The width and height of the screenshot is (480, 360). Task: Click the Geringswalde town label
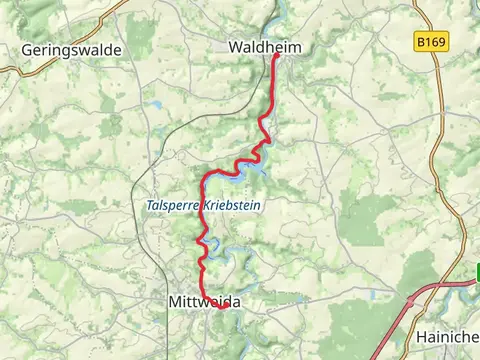click(71, 49)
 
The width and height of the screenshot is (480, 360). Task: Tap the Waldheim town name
click(265, 47)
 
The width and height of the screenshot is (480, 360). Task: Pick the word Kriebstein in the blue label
click(238, 205)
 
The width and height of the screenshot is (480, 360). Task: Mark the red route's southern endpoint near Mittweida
click(222, 308)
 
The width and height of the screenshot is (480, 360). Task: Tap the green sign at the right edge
click(477, 271)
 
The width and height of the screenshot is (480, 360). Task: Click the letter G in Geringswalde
click(27, 49)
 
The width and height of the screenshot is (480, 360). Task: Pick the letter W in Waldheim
click(235, 47)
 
